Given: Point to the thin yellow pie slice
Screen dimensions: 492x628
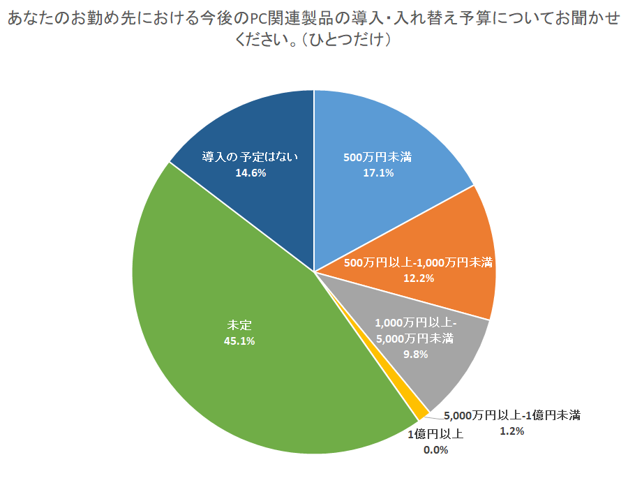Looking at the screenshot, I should [x=420, y=412].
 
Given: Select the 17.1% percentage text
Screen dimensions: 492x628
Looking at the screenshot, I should [x=377, y=172].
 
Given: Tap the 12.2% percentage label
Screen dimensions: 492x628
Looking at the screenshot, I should [x=419, y=278].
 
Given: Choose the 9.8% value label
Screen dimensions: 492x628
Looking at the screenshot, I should [x=415, y=354].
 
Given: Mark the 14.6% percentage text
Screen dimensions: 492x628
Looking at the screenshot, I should [x=250, y=172].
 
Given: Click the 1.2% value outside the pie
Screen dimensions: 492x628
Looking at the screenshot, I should [x=511, y=431].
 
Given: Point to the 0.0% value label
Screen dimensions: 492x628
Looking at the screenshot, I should [x=435, y=449].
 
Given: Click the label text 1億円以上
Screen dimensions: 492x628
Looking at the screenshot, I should [x=435, y=434].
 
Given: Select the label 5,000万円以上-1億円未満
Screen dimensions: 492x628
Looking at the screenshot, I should [x=511, y=415].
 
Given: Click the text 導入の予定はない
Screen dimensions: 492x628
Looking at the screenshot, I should [x=250, y=156].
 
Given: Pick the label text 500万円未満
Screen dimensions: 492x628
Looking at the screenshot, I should [x=377, y=157].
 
